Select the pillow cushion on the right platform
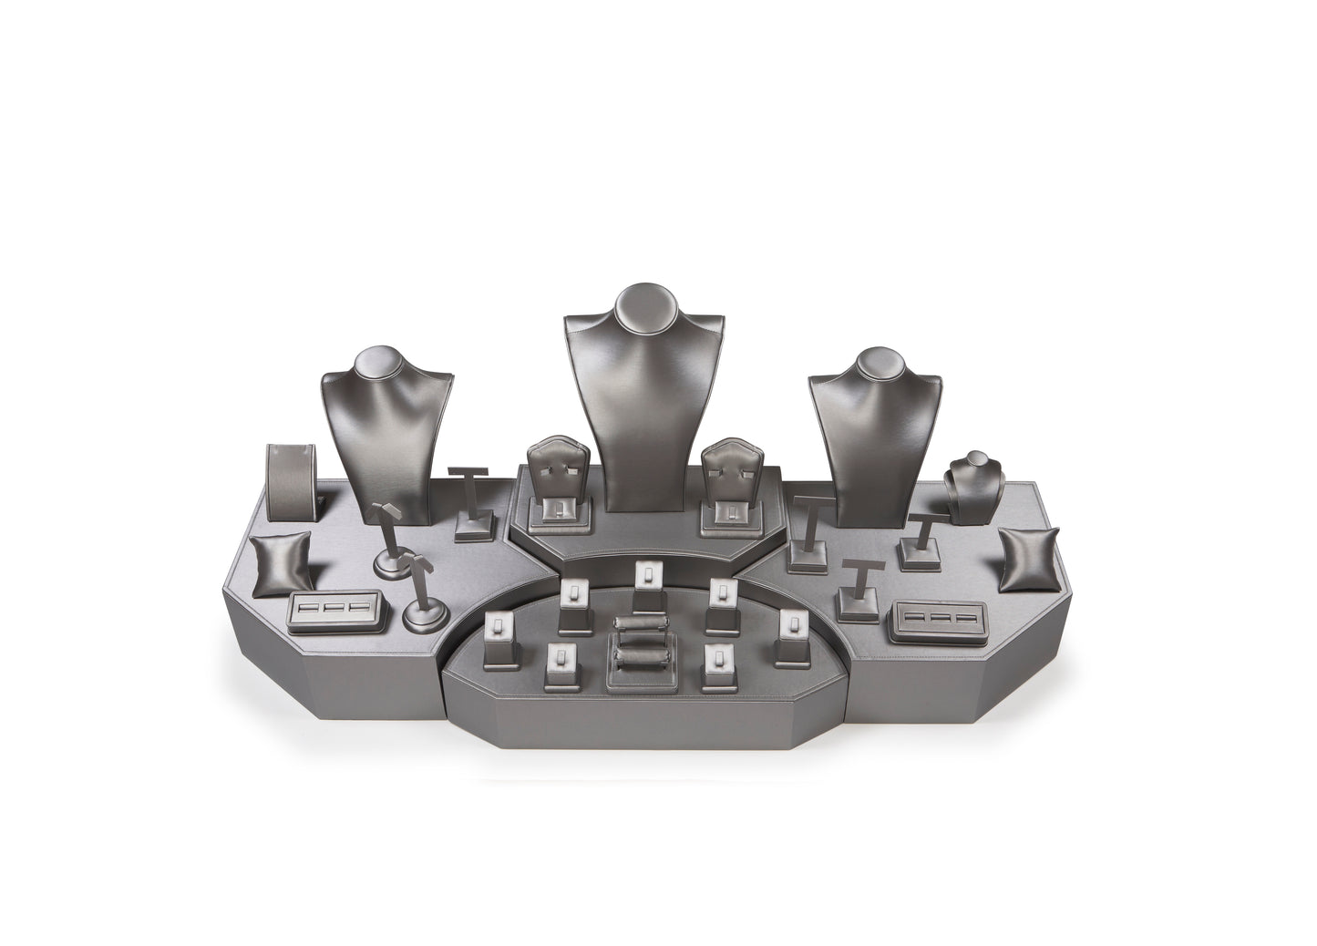[1030, 559]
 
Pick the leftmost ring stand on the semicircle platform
[498, 638]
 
